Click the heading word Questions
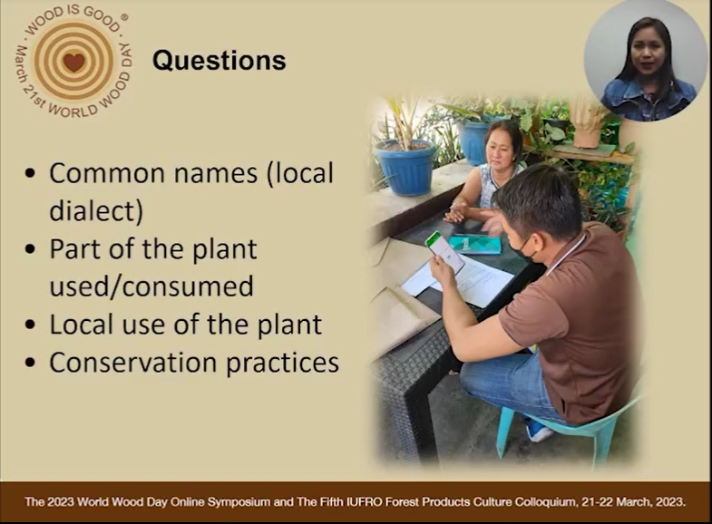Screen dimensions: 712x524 [x=219, y=61]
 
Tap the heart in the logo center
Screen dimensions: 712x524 [x=74, y=63]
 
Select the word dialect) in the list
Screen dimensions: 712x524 [x=96, y=211]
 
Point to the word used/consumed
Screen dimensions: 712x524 [x=151, y=286]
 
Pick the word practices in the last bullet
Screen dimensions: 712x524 [x=282, y=364]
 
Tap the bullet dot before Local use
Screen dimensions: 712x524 [x=31, y=325]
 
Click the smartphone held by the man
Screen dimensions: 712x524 [x=444, y=252]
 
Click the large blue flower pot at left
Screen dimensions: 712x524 [x=404, y=166]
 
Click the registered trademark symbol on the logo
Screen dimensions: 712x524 [x=124, y=17]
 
